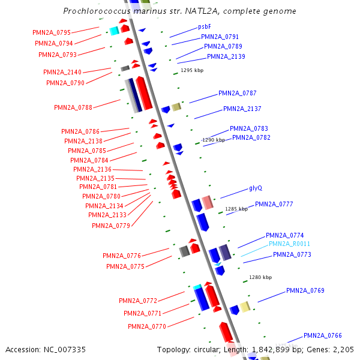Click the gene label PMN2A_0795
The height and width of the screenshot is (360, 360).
point(53,32)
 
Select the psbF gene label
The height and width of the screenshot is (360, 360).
point(205,27)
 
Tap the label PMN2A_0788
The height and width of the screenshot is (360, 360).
point(73,108)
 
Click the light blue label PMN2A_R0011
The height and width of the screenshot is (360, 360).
point(289,244)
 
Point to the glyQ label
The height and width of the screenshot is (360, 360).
point(256,188)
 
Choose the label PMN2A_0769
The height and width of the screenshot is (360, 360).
point(305,291)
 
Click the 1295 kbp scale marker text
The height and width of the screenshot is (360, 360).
point(193,70)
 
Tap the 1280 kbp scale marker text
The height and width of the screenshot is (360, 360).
point(261,278)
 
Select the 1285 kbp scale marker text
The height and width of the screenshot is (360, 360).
point(236,209)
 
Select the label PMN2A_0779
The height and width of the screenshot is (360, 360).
point(111,226)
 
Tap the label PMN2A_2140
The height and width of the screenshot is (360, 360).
point(62,73)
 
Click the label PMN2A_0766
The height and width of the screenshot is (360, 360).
point(322,336)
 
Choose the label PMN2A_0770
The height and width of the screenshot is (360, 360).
point(146,327)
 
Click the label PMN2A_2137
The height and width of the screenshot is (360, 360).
point(242,109)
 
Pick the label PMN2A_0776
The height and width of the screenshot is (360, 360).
point(122,256)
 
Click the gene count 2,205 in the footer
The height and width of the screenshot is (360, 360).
point(342,349)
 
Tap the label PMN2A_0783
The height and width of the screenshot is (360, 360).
point(249,129)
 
